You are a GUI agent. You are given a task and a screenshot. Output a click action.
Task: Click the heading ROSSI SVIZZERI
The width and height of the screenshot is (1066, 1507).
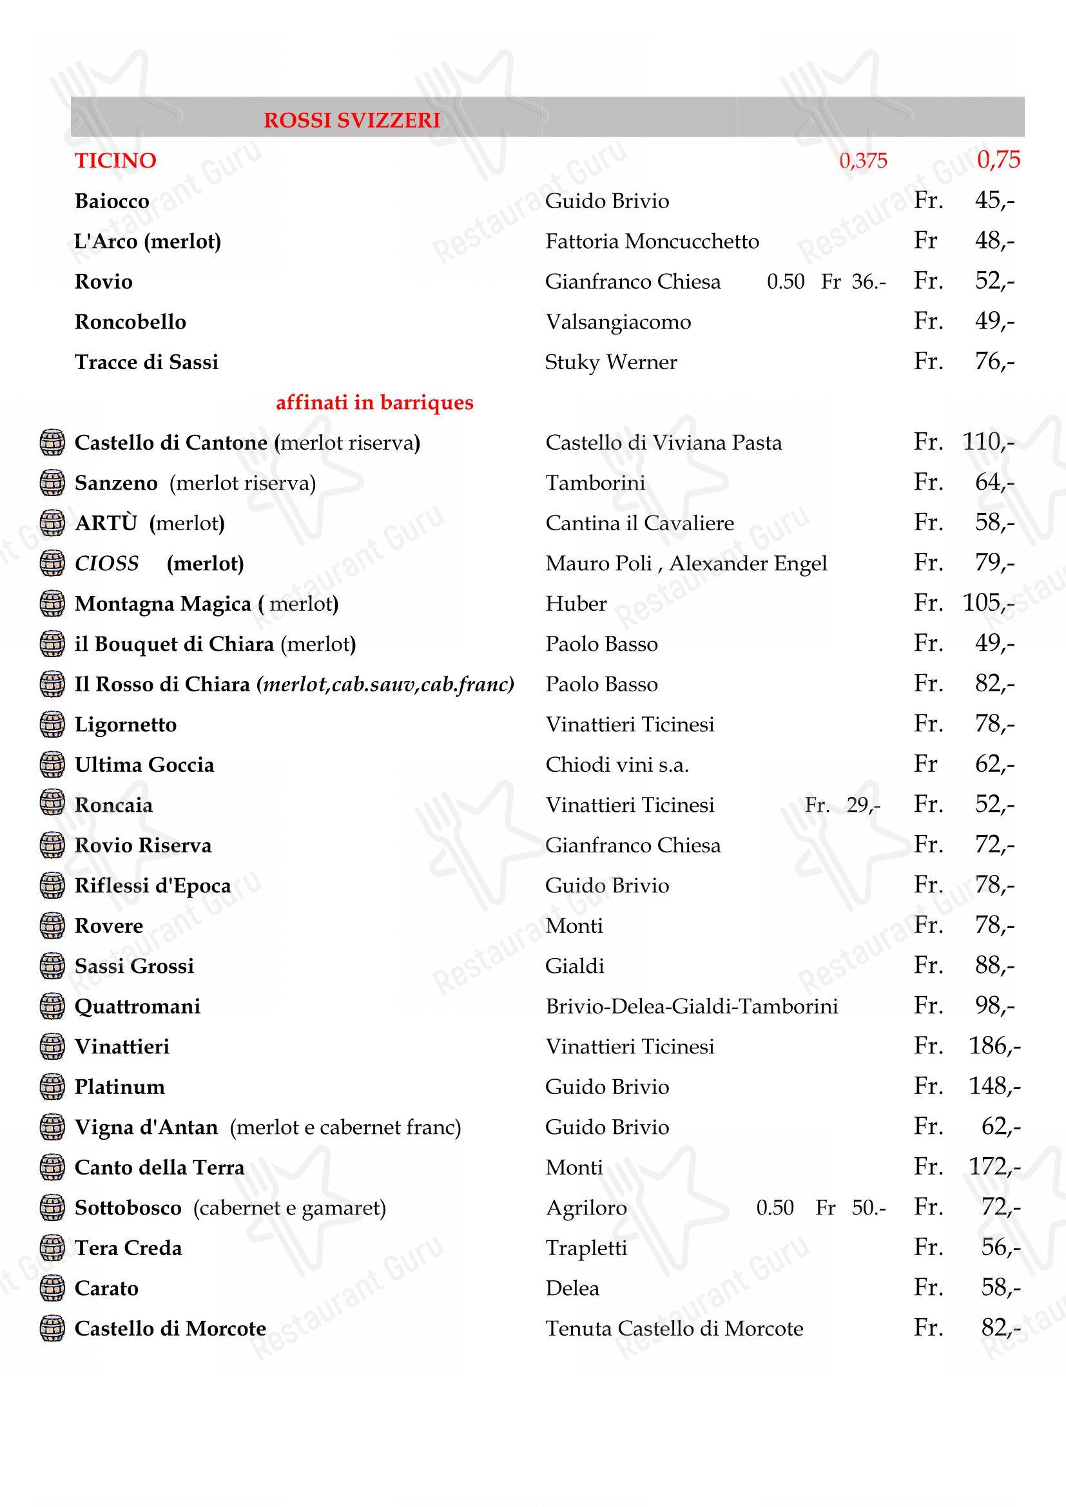click(x=352, y=120)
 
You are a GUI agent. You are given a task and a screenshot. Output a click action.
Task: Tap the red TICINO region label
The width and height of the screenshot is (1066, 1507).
click(x=115, y=161)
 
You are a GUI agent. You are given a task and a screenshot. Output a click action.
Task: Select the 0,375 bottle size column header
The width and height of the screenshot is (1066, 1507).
click(x=863, y=161)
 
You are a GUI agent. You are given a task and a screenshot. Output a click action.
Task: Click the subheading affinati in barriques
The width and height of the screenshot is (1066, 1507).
click(x=374, y=402)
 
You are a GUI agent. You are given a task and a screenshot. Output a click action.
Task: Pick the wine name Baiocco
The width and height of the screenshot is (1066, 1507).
click(x=111, y=201)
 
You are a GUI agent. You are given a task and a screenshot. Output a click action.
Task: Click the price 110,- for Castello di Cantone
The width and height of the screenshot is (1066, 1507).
click(x=988, y=442)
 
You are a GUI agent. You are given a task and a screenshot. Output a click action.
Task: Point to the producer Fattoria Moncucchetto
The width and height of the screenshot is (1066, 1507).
click(x=652, y=242)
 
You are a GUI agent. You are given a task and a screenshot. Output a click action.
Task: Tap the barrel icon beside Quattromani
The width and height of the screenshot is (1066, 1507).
click(x=52, y=1006)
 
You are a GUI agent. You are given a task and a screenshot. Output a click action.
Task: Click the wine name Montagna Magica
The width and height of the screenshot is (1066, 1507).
click(x=163, y=604)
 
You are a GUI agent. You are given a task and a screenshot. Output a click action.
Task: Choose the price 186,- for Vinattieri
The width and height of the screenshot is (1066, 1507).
click(x=994, y=1046)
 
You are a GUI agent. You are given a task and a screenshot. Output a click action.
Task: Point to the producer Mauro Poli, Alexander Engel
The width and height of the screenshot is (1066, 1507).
click(x=686, y=563)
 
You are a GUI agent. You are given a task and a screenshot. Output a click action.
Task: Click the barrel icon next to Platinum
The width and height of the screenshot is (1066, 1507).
click(x=52, y=1087)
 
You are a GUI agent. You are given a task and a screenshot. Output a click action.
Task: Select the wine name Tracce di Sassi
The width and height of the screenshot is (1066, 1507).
click(x=146, y=362)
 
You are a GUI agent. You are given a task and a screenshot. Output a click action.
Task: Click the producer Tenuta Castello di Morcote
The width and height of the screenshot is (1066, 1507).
click(x=674, y=1329)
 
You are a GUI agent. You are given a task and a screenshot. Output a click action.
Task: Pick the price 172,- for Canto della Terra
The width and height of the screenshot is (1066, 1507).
click(x=994, y=1166)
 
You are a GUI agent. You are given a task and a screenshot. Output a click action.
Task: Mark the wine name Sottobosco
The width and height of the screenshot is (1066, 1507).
click(x=128, y=1207)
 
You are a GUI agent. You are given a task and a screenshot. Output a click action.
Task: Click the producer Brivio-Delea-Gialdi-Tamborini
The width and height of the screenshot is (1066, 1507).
click(x=691, y=1006)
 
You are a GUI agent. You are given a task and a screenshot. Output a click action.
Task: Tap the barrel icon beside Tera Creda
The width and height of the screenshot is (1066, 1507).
click(x=52, y=1248)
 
